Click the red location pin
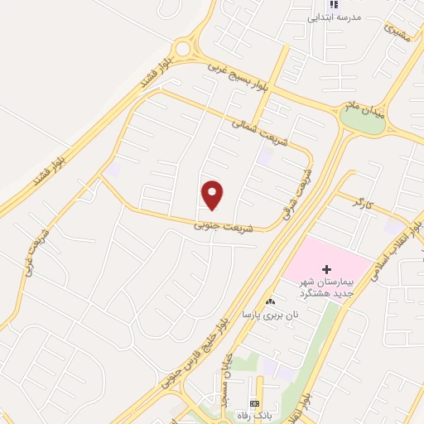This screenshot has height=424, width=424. click(x=213, y=195)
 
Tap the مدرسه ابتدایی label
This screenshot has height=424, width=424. click(x=335, y=17)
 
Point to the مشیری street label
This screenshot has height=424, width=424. click(x=397, y=34)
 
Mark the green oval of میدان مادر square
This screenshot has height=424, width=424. click(x=362, y=122)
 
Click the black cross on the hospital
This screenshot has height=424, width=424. click(x=326, y=270)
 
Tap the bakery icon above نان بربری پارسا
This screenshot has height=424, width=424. click(x=270, y=302)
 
